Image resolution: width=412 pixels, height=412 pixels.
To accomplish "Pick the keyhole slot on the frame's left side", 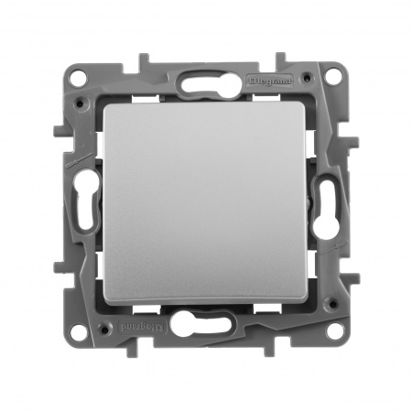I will coord(89,207).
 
